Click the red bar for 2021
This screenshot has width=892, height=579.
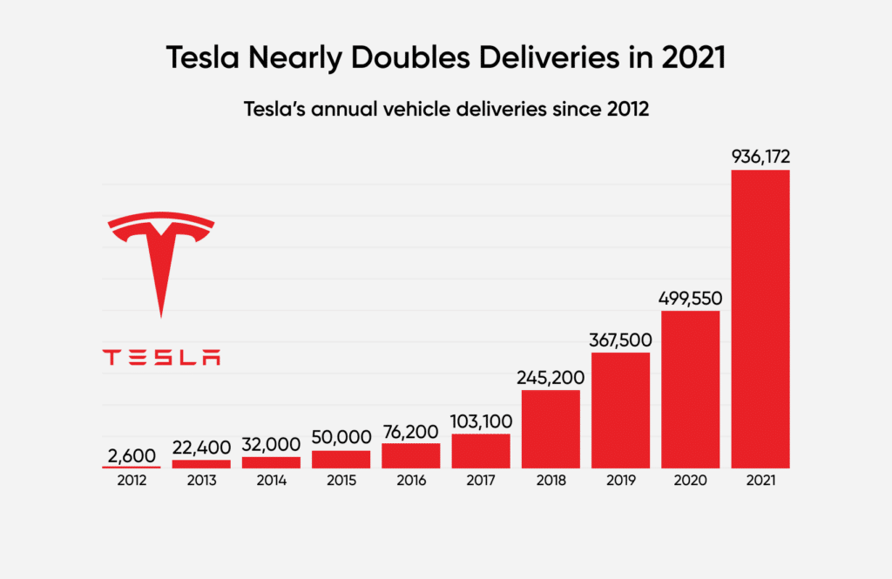[x=760, y=319]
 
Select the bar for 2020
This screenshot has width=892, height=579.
[x=691, y=389]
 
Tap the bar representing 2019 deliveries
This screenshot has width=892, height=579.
[x=621, y=410]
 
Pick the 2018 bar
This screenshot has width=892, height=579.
[x=551, y=429]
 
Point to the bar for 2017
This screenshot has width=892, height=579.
[x=481, y=451]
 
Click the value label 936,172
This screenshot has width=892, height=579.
[x=760, y=157]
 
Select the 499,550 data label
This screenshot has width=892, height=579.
[x=691, y=298]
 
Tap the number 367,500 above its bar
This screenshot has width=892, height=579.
[x=621, y=340]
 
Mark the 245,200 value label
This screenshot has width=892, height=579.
[x=551, y=377]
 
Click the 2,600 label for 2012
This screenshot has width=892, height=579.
[x=132, y=454]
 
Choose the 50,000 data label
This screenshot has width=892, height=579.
[x=341, y=437]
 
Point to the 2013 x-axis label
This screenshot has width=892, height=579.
[x=201, y=479]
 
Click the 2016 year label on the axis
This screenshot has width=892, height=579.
[x=411, y=479]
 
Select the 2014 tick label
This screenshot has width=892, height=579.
[x=271, y=479]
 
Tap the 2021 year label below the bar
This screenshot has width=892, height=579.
[x=760, y=479]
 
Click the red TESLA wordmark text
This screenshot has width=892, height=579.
[x=161, y=357]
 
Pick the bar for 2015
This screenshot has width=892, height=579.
[x=341, y=459]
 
